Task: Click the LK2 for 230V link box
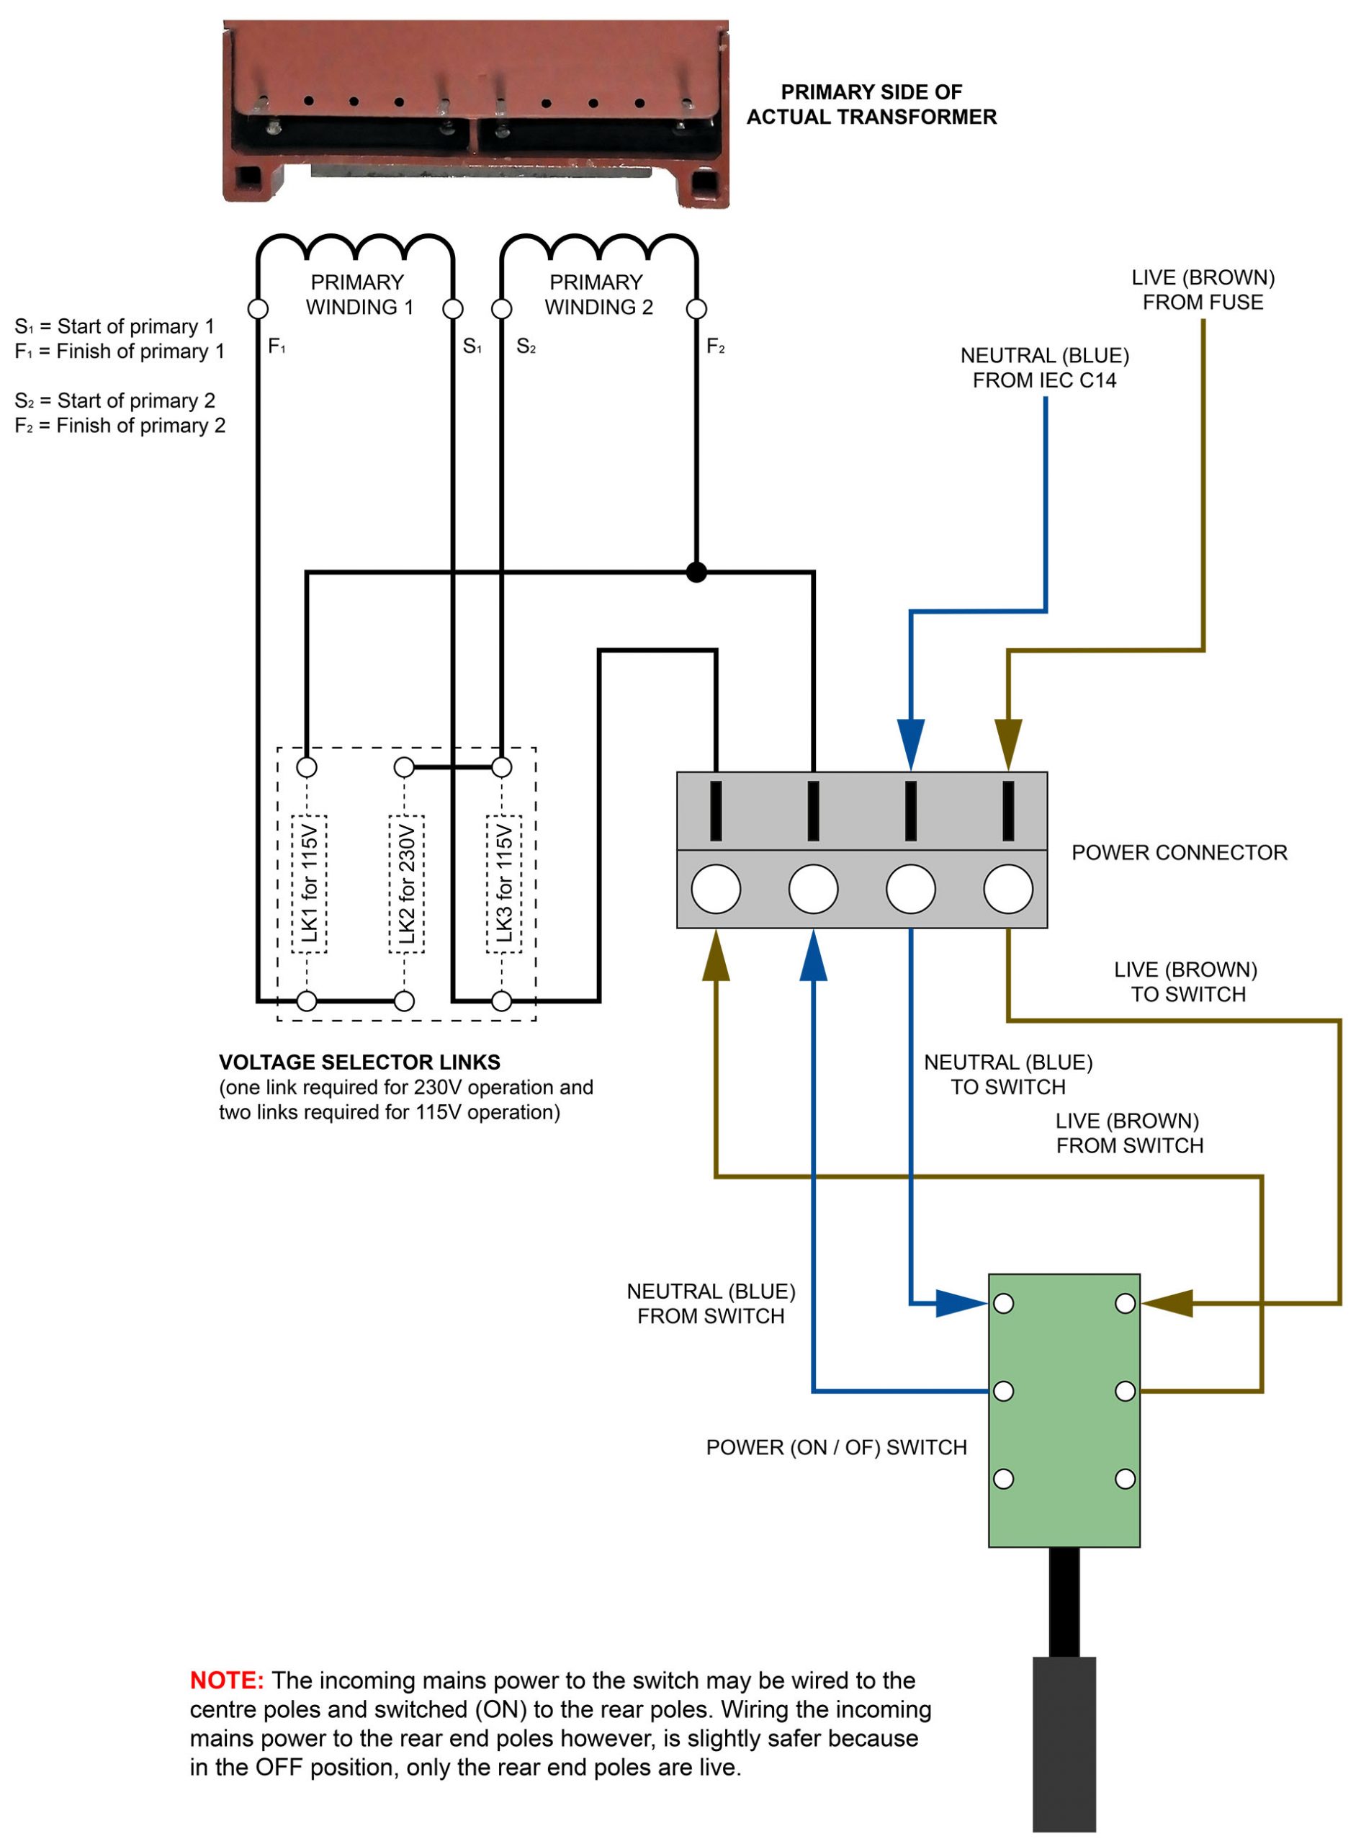[406, 884]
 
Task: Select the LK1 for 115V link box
[309, 884]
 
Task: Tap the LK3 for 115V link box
[504, 884]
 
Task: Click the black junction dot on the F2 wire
[696, 572]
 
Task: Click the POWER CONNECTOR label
[1179, 853]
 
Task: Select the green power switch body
[1064, 1410]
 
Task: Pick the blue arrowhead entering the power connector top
[910, 743]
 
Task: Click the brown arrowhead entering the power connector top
[1008, 743]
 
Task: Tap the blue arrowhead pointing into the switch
[960, 1304]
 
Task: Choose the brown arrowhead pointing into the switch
[1168, 1304]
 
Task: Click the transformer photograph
[475, 114]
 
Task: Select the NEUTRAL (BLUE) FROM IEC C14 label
[1044, 367]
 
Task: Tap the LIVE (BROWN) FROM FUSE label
[1202, 290]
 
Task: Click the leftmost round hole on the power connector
[715, 889]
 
